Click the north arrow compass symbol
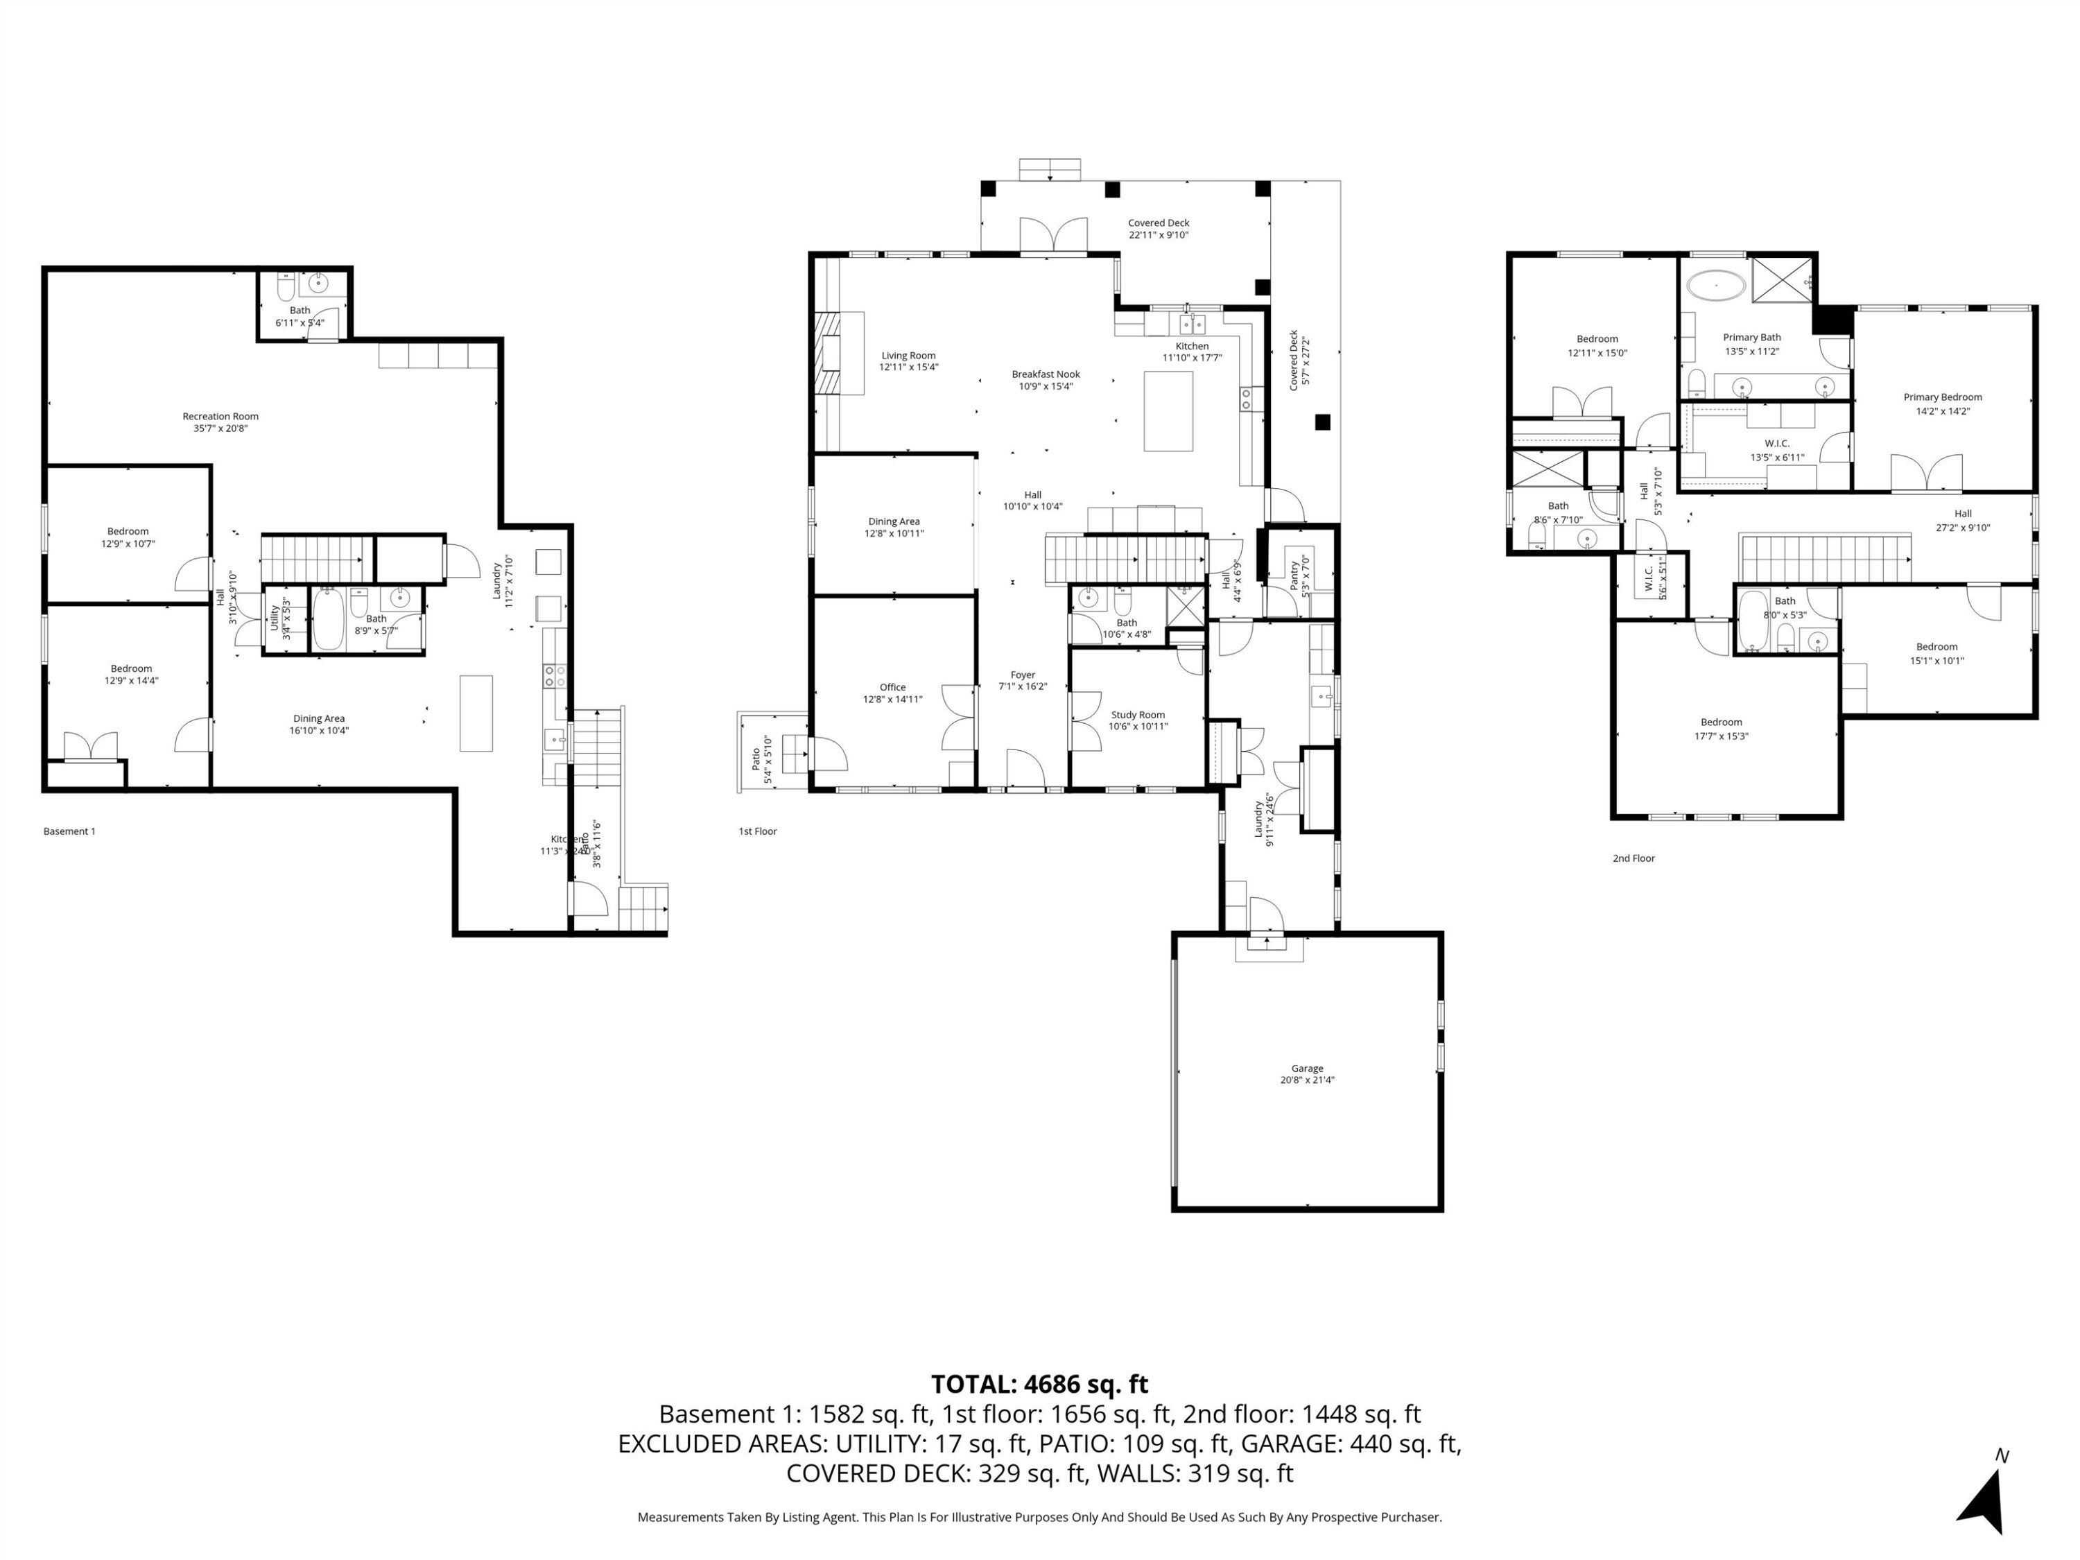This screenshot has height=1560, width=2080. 1984,1498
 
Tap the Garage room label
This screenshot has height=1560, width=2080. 1306,1068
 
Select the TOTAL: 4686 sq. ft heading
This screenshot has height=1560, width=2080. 1039,1384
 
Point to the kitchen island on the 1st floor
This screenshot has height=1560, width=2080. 1168,411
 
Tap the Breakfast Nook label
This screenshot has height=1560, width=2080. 1046,374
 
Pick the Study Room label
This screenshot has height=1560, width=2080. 1137,715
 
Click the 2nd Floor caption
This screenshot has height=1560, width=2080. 1633,858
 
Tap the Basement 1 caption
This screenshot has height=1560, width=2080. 69,831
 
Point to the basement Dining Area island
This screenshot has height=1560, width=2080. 476,713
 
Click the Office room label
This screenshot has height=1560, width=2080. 892,687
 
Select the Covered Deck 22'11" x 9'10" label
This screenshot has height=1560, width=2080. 1159,229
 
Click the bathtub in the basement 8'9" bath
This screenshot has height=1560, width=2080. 328,620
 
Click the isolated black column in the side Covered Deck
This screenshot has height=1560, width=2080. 1322,422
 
